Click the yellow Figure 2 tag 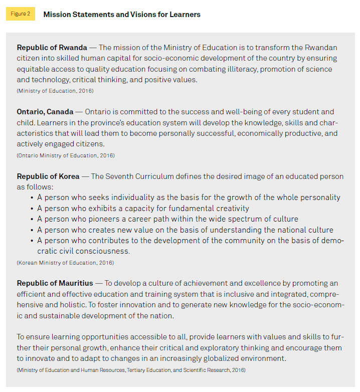point(21,14)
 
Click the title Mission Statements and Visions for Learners point(122,15)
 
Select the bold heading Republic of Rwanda point(52,48)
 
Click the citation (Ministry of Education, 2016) point(55,91)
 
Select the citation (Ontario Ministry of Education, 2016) point(66,155)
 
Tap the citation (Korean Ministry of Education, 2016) point(65,263)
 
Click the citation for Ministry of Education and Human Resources point(131,369)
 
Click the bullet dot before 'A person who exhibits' point(32,209)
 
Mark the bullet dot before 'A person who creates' point(32,230)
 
